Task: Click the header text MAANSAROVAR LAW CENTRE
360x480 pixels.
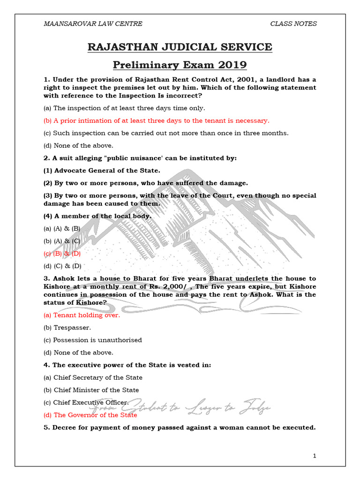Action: (93, 23)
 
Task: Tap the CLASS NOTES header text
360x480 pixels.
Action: (293, 23)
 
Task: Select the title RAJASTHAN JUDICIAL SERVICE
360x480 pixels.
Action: (180, 47)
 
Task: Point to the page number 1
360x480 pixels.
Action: (315, 456)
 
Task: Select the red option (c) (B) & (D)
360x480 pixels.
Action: (62, 253)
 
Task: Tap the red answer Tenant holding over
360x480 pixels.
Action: (82, 315)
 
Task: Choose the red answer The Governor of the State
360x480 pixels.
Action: (90, 415)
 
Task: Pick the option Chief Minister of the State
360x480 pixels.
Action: (91, 390)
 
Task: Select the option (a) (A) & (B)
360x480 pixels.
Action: (62, 228)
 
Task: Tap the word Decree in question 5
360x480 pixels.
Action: (64, 427)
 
